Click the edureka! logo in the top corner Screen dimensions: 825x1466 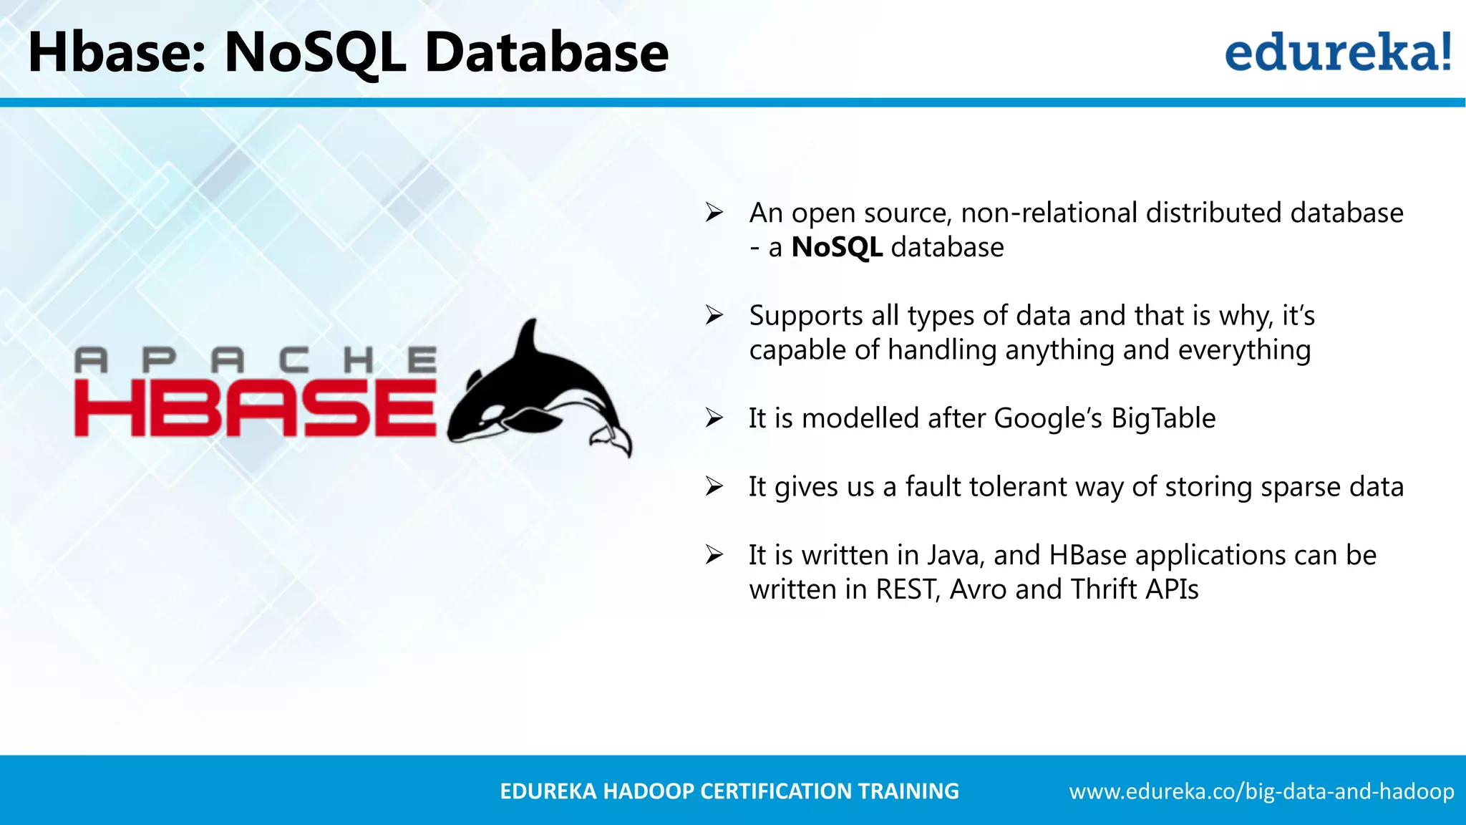[x=1337, y=52]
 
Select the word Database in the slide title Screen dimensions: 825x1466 [x=546, y=52]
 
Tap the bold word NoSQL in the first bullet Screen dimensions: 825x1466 [x=836, y=247]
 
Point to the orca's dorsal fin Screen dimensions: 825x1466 [x=528, y=342]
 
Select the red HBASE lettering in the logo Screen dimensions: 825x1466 [x=255, y=408]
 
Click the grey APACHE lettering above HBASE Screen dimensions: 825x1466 [x=255, y=360]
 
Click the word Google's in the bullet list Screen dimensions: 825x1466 [x=1047, y=418]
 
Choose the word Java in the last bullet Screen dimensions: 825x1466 [x=956, y=555]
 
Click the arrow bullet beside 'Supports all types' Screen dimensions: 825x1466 [x=714, y=315]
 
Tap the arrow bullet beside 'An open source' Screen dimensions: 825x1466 [x=714, y=213]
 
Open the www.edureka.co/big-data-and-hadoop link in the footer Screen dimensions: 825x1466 [x=1261, y=791]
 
